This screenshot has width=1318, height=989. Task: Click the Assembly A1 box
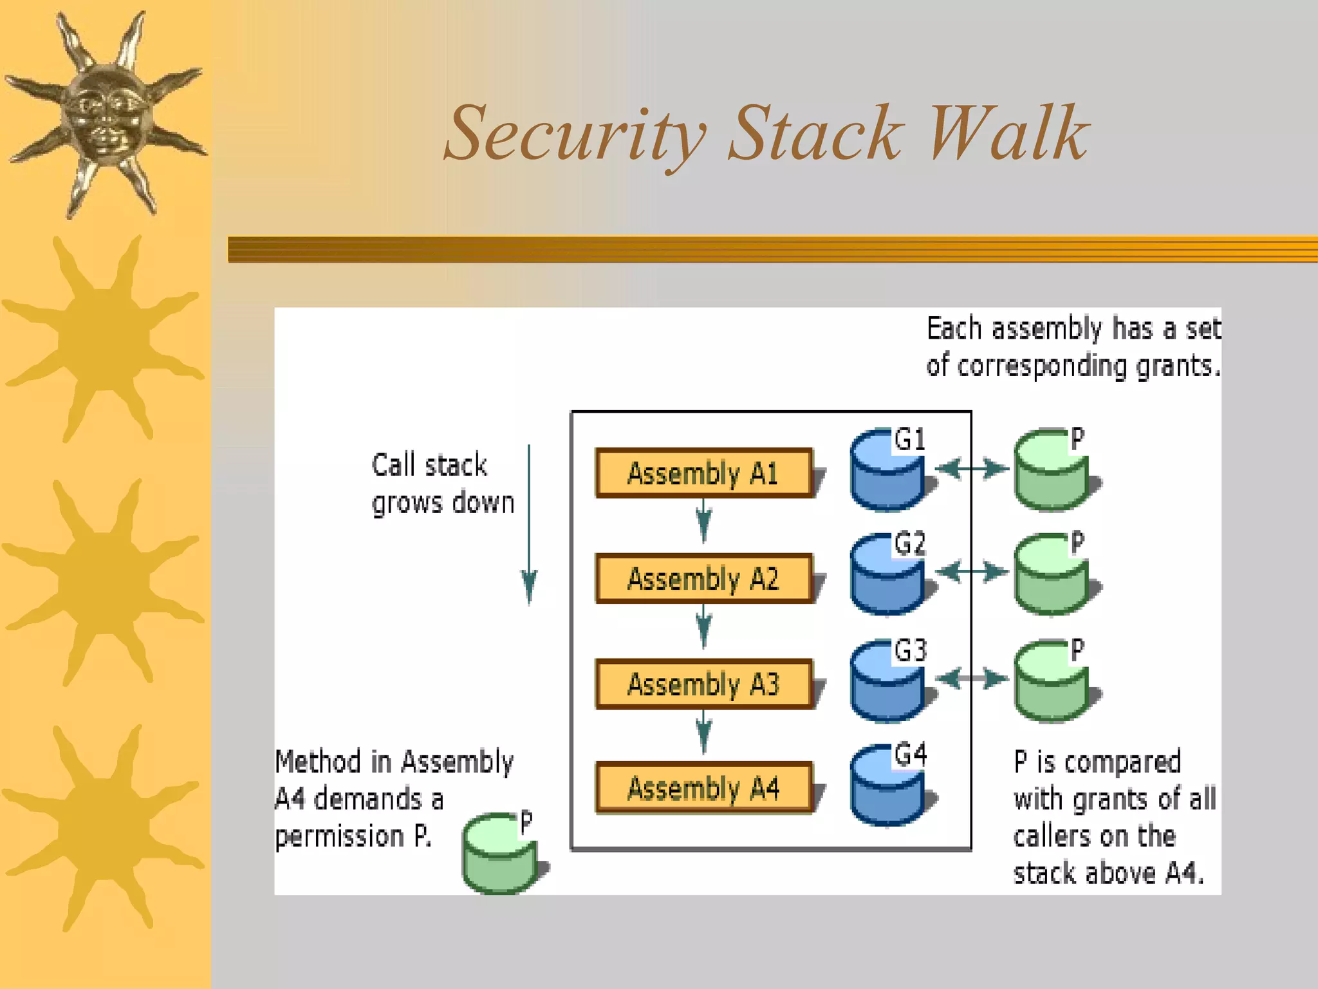(703, 473)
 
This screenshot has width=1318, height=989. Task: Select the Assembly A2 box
(703, 578)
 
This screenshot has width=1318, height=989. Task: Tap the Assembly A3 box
(703, 684)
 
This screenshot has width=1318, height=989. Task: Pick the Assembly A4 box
(703, 788)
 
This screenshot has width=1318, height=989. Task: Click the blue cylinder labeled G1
(887, 473)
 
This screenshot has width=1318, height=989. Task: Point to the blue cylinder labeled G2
(887, 576)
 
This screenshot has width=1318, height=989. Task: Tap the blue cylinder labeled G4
(887, 787)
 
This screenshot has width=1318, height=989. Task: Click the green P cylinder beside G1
(1052, 473)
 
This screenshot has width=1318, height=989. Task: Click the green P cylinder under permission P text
(499, 855)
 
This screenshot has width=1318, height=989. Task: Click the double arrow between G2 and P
(972, 572)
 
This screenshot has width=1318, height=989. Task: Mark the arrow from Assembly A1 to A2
(703, 520)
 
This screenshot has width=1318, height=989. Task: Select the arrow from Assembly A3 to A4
(703, 731)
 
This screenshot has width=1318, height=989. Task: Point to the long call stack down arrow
(529, 525)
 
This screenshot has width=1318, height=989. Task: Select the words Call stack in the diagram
(429, 466)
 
